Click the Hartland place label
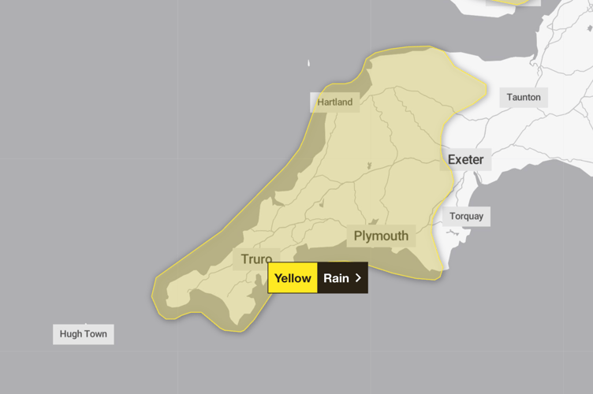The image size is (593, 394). point(335,102)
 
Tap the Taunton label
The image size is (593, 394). point(524,98)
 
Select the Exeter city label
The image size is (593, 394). point(465,160)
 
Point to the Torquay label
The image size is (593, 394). point(466,216)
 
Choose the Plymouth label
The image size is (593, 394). point(381,236)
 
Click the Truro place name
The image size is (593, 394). point(256,258)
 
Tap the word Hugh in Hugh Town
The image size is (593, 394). point(70,334)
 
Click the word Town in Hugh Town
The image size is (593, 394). point(95,334)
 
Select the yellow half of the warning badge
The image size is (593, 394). point(293,278)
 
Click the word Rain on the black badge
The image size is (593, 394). point(336,278)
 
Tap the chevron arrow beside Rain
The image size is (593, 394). point(358,278)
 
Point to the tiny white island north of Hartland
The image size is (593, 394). point(308,63)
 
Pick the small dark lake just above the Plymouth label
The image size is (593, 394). point(375,222)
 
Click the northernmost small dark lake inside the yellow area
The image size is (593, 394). point(368,166)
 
